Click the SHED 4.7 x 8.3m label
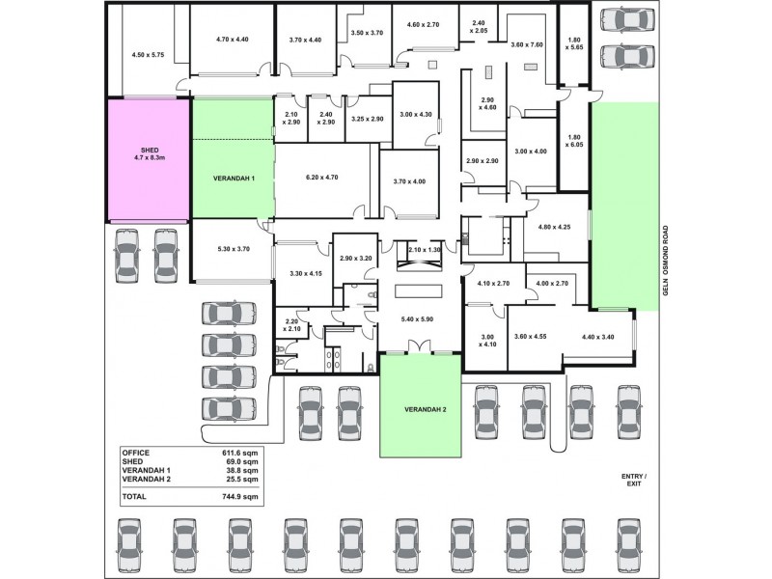tap(148, 155)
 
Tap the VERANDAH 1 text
tap(233, 179)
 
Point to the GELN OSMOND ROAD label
tap(665, 270)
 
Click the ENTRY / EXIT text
tap(634, 481)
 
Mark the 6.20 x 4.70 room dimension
tap(320, 178)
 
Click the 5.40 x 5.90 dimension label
tap(417, 318)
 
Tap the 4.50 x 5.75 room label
tap(148, 55)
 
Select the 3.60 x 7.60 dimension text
tap(527, 44)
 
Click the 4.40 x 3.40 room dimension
tap(599, 337)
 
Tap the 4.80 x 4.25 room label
tap(554, 228)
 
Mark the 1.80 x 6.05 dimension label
tap(575, 141)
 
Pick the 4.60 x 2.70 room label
tap(423, 24)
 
